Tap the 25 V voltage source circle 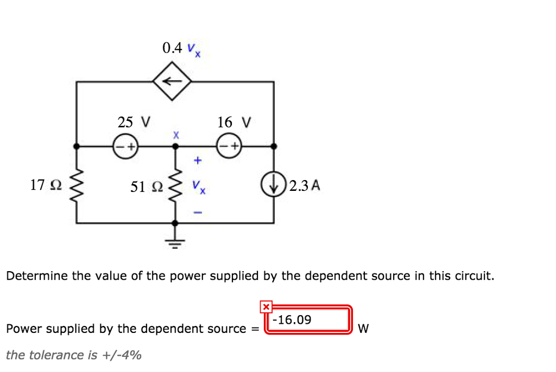(x=125, y=146)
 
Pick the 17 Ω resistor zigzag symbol (x=76, y=185)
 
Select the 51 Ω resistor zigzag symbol (x=175, y=185)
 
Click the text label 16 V (x=234, y=123)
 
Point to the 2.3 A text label (x=305, y=186)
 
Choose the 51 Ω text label (x=146, y=187)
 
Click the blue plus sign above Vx (x=198, y=161)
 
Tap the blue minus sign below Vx (x=198, y=213)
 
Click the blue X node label (x=175, y=134)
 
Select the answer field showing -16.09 (x=307, y=320)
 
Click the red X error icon (x=266, y=307)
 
